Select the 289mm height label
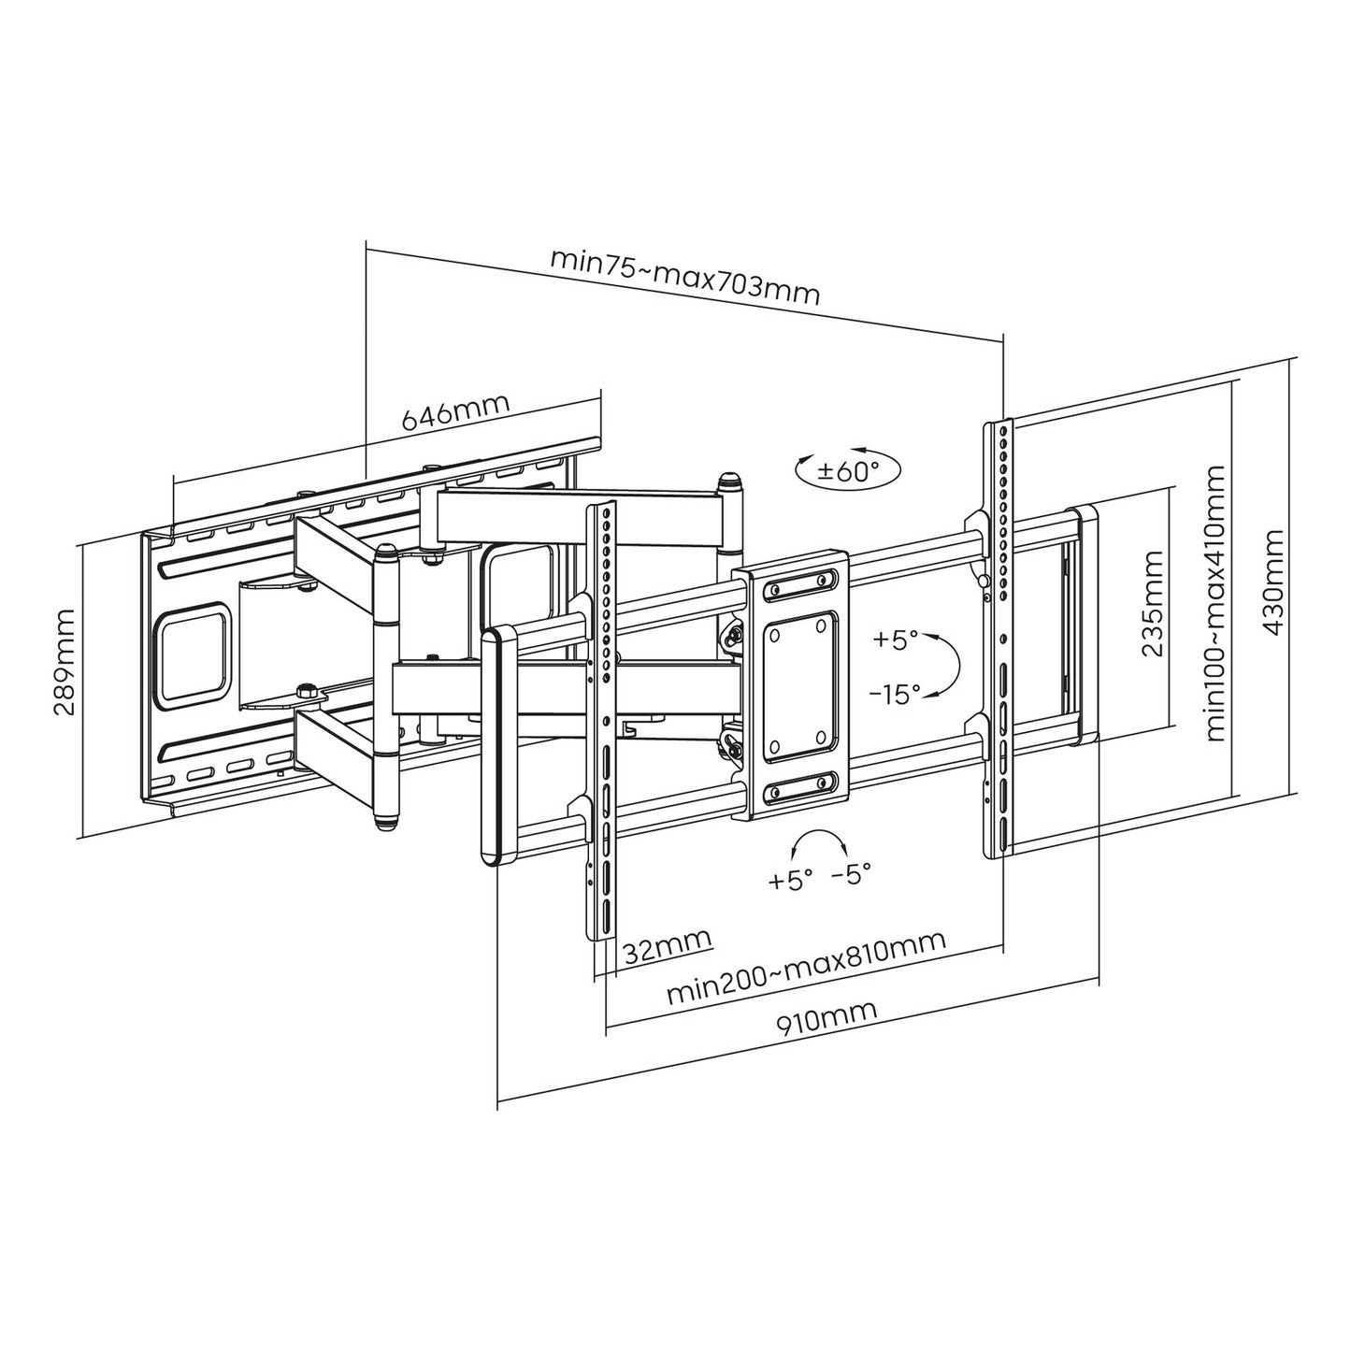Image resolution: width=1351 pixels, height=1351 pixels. pos(65,661)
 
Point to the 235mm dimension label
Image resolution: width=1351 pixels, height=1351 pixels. pos(1152,603)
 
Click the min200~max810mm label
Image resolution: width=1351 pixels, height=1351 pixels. pos(806,968)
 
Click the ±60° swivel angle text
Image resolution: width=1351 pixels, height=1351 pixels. pos(847,469)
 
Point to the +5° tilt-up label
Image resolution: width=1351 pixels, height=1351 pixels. pos(895,640)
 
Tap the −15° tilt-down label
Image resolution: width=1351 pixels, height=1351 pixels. pos(895,694)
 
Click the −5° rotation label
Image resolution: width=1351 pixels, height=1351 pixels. pos(851,873)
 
